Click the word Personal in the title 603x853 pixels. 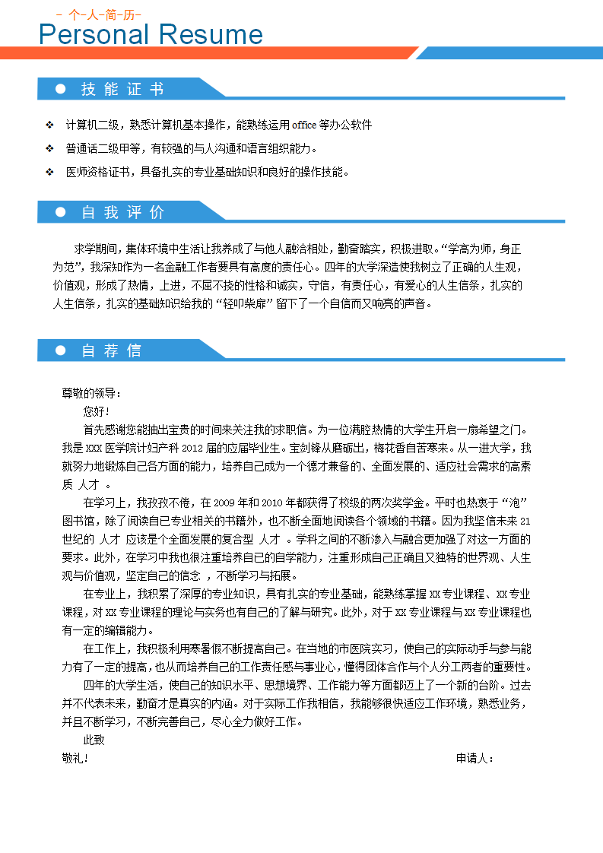[94, 35]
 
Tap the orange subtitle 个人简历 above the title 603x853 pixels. [99, 14]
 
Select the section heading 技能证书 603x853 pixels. [122, 89]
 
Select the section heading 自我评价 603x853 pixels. [122, 212]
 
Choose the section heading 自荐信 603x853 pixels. [111, 350]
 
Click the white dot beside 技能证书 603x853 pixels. [61, 89]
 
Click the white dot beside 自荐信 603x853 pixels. [61, 350]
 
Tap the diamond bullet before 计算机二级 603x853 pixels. [49, 125]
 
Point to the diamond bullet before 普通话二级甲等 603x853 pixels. [49, 148]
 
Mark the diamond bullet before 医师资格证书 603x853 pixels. [49, 172]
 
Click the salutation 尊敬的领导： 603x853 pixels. [91, 393]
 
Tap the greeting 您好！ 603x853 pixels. [97, 411]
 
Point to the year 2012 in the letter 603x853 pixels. [193, 448]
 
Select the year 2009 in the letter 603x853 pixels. [229, 503]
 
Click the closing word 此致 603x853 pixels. [94, 740]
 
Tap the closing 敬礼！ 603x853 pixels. [75, 758]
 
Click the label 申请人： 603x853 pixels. [475, 758]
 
